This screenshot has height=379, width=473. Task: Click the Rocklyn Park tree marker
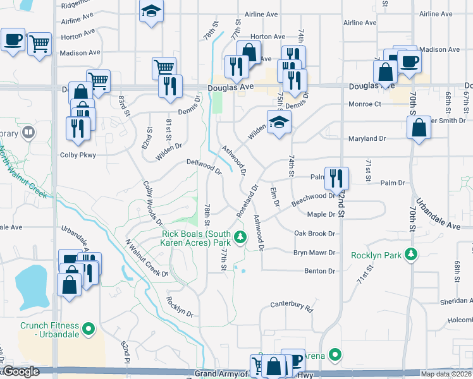pyautogui.click(x=411, y=255)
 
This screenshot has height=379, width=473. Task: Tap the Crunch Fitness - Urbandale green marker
pyautogui.click(x=89, y=328)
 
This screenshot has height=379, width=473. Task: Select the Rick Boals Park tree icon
pyautogui.click(x=240, y=238)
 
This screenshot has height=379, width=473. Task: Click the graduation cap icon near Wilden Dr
pyautogui.click(x=278, y=121)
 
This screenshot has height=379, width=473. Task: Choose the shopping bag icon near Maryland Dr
pyautogui.click(x=419, y=128)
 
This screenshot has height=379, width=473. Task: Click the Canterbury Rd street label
pyautogui.click(x=292, y=306)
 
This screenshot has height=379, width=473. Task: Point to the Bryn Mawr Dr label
pyautogui.click(x=314, y=253)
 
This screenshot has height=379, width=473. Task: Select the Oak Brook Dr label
pyautogui.click(x=314, y=234)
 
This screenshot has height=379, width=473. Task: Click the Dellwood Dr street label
pyautogui.click(x=204, y=166)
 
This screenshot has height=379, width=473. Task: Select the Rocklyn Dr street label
pyautogui.click(x=180, y=306)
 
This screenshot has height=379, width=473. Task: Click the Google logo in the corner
pyautogui.click(x=20, y=372)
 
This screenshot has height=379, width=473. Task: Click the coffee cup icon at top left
pyautogui.click(x=13, y=40)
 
